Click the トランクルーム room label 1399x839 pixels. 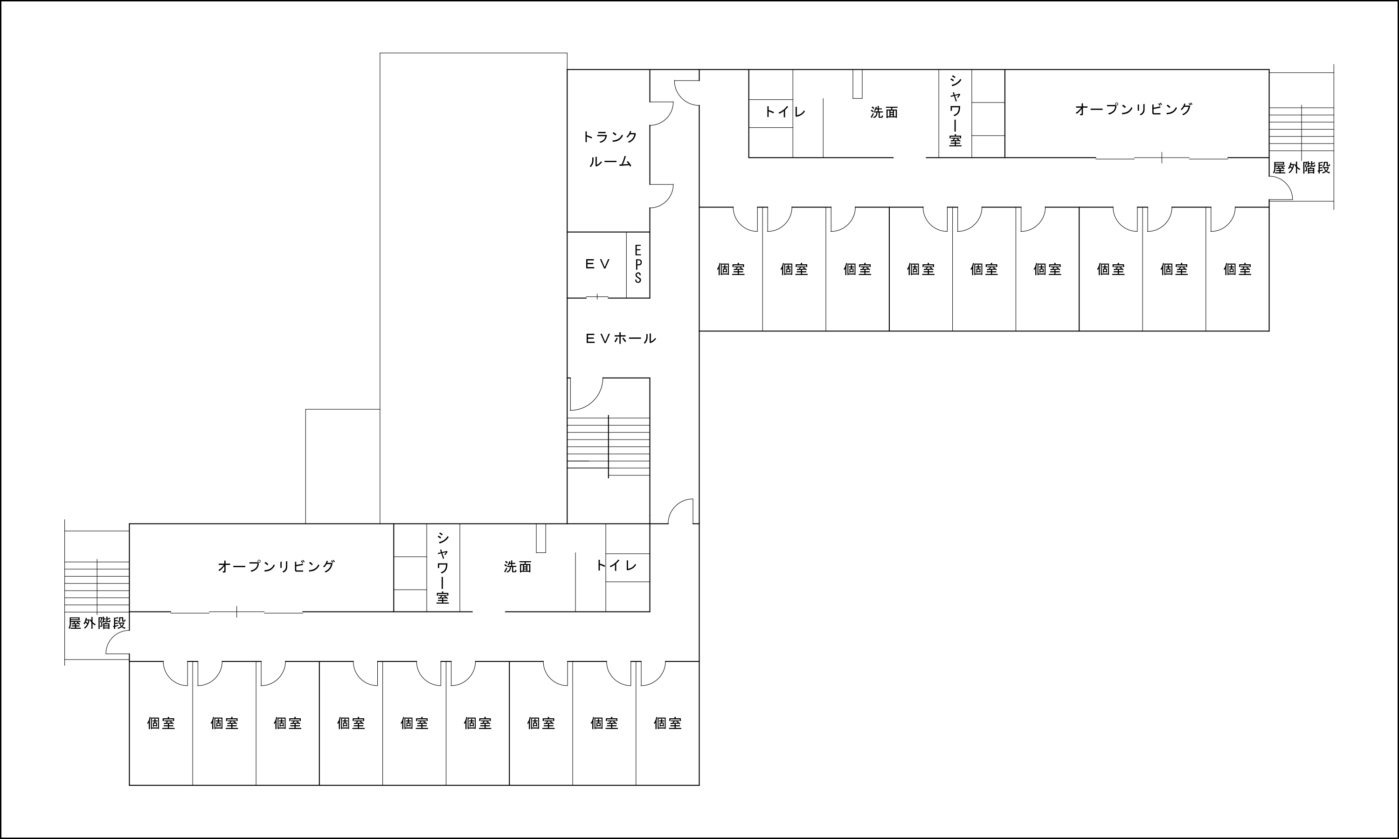610,149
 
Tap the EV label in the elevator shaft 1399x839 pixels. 598,264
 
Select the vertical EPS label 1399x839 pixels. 638,264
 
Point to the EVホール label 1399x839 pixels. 620,339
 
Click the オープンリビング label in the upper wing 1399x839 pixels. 1134,109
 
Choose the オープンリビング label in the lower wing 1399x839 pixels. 277,566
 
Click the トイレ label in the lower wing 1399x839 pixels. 616,565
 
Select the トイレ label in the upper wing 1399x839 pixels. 785,111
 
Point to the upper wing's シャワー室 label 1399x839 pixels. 955,111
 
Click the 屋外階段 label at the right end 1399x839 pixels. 1301,168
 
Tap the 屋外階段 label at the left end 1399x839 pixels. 97,623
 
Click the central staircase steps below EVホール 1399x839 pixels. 609,447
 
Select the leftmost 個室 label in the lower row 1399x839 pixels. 161,723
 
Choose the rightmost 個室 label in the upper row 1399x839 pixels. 1238,269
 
